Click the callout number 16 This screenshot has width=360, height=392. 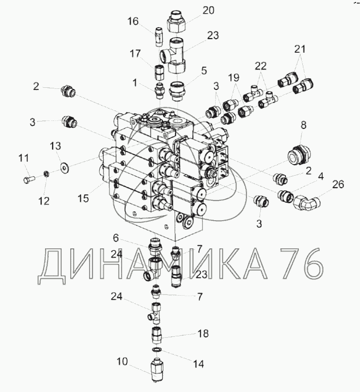coord(133,21)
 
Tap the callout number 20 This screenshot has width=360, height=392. coord(208,11)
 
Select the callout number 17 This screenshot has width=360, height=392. coord(135,54)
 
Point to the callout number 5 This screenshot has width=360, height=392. coord(204,71)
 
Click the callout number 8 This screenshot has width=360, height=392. coord(303,125)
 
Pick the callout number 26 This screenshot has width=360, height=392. coord(338,185)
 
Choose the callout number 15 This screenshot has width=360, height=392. coord(83,198)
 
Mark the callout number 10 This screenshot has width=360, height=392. coord(122,361)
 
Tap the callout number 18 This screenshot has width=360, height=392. coord(203,333)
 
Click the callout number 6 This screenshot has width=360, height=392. coord(116,238)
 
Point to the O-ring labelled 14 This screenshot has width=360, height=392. coord(156,349)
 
